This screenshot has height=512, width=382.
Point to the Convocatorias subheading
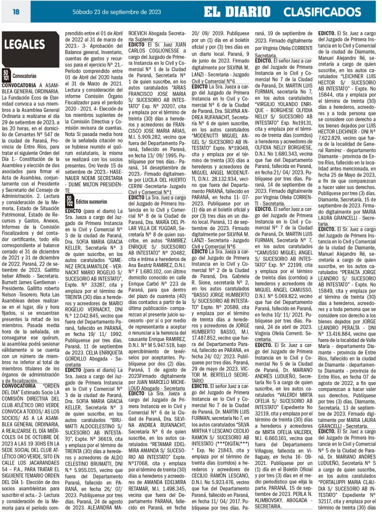[x=25, y=75]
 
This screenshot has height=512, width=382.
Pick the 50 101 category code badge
[x=6, y=75]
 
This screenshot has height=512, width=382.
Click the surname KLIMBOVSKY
[x=272, y=499]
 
